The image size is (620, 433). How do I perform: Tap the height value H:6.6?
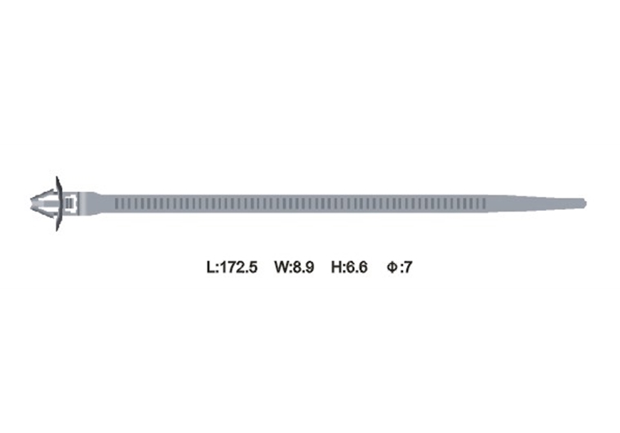coord(350,266)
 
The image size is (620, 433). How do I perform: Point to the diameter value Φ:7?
coord(400,266)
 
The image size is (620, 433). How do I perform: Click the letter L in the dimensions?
coord(209,266)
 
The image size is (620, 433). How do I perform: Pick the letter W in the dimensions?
coord(281,266)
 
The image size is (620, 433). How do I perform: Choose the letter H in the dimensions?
coord(335,266)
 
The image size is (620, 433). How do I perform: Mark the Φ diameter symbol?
coord(392,266)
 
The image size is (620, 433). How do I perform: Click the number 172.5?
coord(237,266)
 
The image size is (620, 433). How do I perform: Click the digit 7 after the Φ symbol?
coord(409,266)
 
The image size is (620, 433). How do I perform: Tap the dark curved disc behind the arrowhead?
coord(58,203)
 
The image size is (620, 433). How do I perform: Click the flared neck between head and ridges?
coord(94,202)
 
